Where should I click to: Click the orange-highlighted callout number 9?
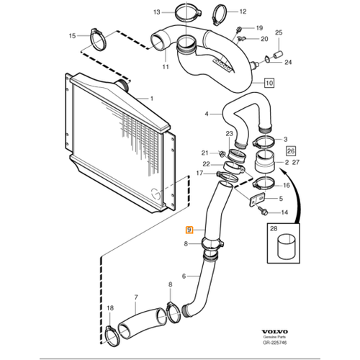189,230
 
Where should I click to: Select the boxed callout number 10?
269,83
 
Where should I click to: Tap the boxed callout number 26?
291,151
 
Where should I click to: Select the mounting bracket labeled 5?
257,199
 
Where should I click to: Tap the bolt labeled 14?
263,211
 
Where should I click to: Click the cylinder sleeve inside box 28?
287,248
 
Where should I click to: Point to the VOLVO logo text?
274,332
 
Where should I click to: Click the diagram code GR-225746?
274,343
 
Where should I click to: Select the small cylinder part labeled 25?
279,55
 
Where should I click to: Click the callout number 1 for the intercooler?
151,99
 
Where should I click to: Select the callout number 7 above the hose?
136,297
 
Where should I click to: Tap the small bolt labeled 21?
222,153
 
